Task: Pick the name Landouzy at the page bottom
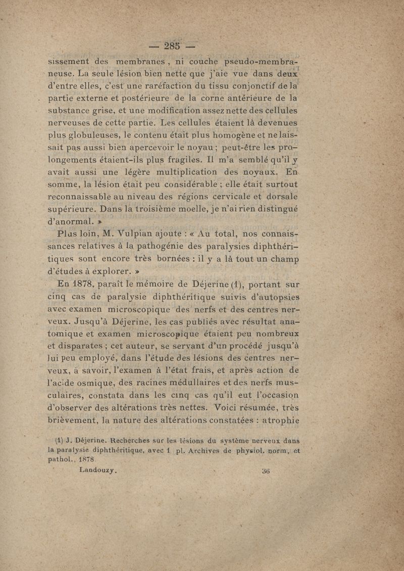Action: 98,469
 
